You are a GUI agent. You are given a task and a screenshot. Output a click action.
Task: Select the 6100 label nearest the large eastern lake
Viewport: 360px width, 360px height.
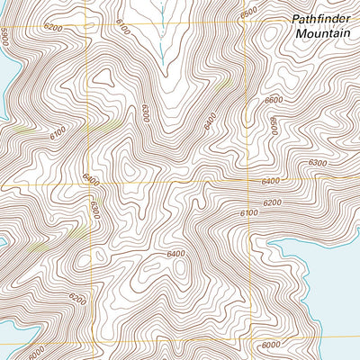coord(249,212)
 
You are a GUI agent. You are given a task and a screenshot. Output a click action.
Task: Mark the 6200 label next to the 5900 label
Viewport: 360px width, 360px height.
coord(53,29)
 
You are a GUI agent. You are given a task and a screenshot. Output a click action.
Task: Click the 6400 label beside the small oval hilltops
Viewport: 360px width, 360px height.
coord(176,254)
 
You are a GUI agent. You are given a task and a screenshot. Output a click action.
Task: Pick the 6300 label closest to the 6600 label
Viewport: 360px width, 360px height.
coord(317,163)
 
